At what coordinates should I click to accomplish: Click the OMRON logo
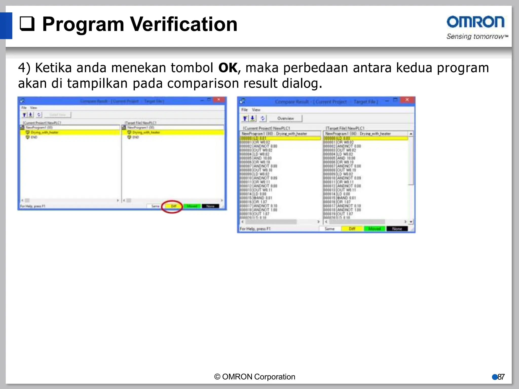tap(475, 22)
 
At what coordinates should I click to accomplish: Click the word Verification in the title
tap(184, 24)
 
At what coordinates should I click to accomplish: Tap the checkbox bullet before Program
tap(27, 24)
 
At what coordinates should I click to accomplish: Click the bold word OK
tap(228, 68)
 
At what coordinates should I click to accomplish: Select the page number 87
tap(501, 377)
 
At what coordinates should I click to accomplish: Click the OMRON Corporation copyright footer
tap(255, 377)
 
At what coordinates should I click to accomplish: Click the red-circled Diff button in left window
tap(174, 206)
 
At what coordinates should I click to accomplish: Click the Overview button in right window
tap(285, 119)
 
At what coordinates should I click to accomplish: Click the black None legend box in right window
tap(397, 229)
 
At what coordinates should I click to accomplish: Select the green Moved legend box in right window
tap(374, 229)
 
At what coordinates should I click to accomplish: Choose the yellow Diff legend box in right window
tap(352, 229)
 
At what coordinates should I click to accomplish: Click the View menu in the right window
tap(256, 110)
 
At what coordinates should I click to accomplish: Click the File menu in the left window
tap(24, 108)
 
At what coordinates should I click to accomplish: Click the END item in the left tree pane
tap(34, 137)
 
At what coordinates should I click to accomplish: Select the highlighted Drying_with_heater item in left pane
tap(45, 132)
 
